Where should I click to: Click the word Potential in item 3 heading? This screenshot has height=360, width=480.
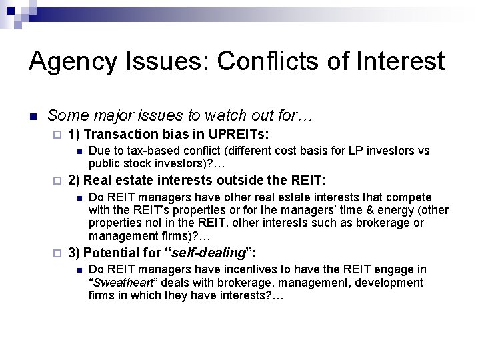tap(109, 253)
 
